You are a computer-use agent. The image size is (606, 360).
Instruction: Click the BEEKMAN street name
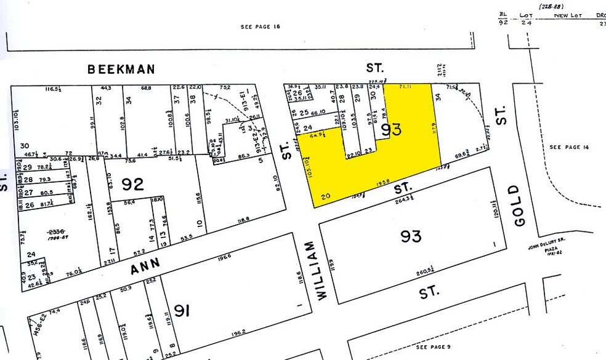pyautogui.click(x=121, y=70)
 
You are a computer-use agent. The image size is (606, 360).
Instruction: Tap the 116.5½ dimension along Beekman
pyautogui.click(x=57, y=90)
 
